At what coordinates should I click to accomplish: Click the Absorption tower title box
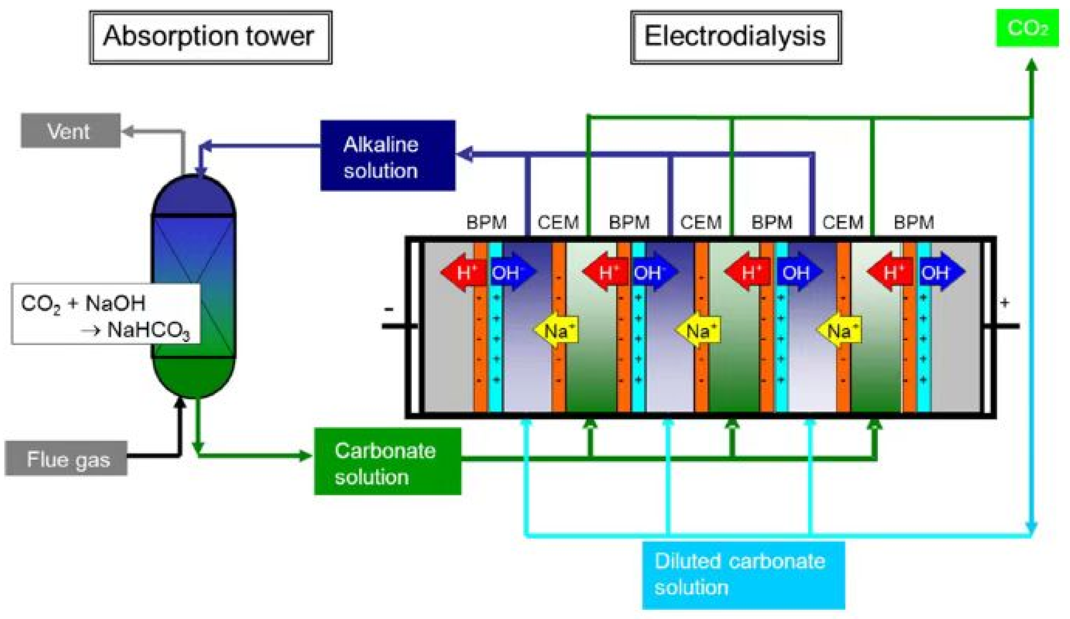click(x=210, y=37)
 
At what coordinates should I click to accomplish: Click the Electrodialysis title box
click(x=736, y=37)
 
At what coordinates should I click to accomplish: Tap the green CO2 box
click(x=1027, y=28)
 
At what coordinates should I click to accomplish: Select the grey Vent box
click(x=70, y=131)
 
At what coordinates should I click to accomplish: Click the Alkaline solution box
click(x=387, y=156)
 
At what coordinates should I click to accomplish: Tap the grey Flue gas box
click(x=66, y=458)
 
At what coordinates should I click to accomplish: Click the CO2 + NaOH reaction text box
click(x=105, y=313)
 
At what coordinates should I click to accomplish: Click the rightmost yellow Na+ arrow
click(x=840, y=330)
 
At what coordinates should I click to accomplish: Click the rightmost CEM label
click(x=842, y=222)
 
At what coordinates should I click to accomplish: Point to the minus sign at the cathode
click(x=388, y=309)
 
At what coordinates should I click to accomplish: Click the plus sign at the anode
click(x=1004, y=303)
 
